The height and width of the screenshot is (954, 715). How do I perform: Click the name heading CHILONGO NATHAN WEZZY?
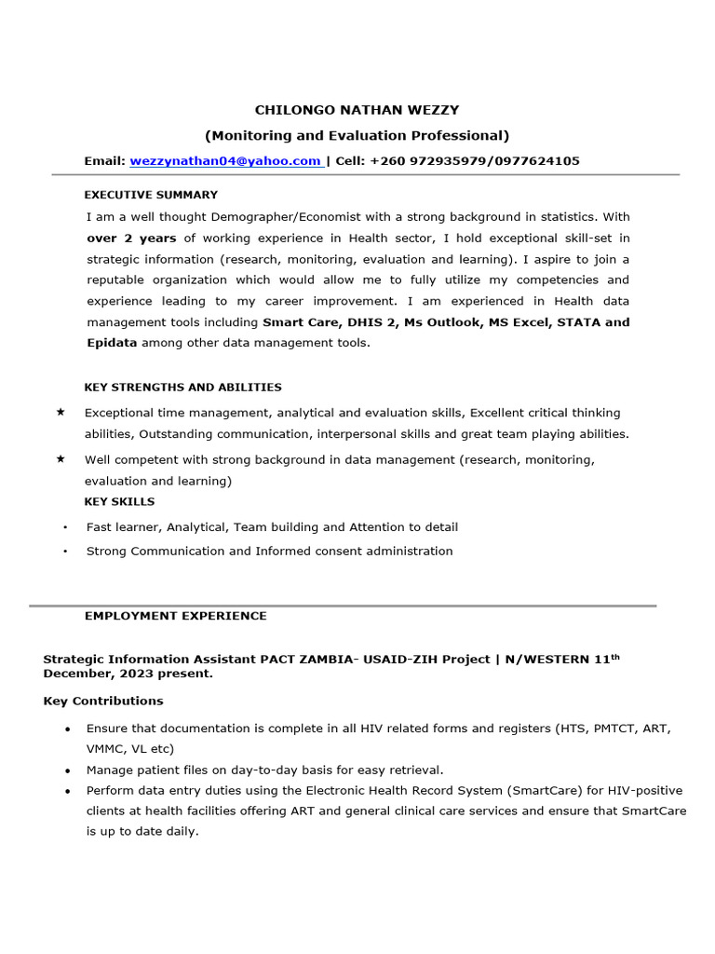coord(357,110)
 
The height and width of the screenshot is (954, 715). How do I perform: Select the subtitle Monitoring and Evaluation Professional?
coord(357,135)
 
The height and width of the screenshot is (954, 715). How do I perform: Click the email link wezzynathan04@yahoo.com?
coord(226,161)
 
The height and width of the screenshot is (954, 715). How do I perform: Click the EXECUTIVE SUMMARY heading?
coord(151,195)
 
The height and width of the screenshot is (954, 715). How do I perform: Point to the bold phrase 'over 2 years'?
coord(131,238)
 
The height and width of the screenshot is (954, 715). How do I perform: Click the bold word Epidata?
coord(112,343)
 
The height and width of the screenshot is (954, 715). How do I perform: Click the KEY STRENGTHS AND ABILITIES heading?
coord(182,387)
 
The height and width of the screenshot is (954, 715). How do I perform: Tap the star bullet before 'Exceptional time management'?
coord(61,412)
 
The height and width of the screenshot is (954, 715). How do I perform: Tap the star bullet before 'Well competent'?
coord(61,459)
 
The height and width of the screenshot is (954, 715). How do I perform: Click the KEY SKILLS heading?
coord(119,502)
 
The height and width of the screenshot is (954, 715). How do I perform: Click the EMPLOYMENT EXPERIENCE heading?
coord(175,616)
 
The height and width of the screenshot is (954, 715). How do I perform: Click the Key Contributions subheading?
coord(103,701)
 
